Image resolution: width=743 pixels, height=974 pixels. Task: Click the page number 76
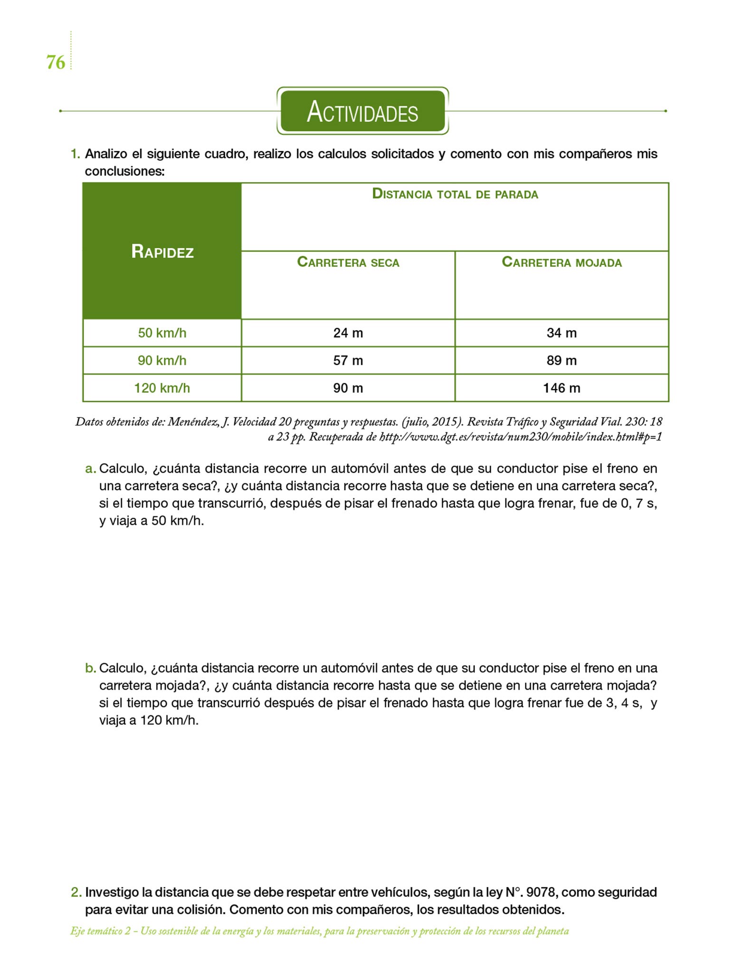coord(56,62)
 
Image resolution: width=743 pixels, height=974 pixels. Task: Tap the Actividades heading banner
coord(362,111)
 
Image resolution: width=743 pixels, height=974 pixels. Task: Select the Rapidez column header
coord(162,251)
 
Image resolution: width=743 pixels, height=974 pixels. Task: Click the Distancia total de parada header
coord(455,194)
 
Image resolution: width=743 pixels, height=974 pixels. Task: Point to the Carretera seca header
coord(348,262)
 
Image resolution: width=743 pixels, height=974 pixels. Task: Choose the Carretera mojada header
coord(562,262)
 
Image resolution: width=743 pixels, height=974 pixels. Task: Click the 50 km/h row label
coord(162,333)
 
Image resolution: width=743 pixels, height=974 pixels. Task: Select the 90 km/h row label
coord(162,360)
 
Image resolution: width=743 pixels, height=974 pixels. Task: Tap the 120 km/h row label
coord(162,388)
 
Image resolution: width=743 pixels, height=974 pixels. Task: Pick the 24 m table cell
coord(348,333)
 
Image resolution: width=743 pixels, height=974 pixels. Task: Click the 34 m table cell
coord(562,333)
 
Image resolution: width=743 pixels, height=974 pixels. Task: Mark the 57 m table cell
coord(348,360)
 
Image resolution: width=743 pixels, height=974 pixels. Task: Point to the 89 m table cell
coord(562,360)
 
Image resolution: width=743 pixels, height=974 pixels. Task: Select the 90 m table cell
coord(348,388)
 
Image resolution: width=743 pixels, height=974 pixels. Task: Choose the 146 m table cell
coord(562,388)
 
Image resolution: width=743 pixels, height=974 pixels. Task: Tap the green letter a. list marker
coord(90,469)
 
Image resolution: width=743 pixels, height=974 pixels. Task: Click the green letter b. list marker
coord(90,668)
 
